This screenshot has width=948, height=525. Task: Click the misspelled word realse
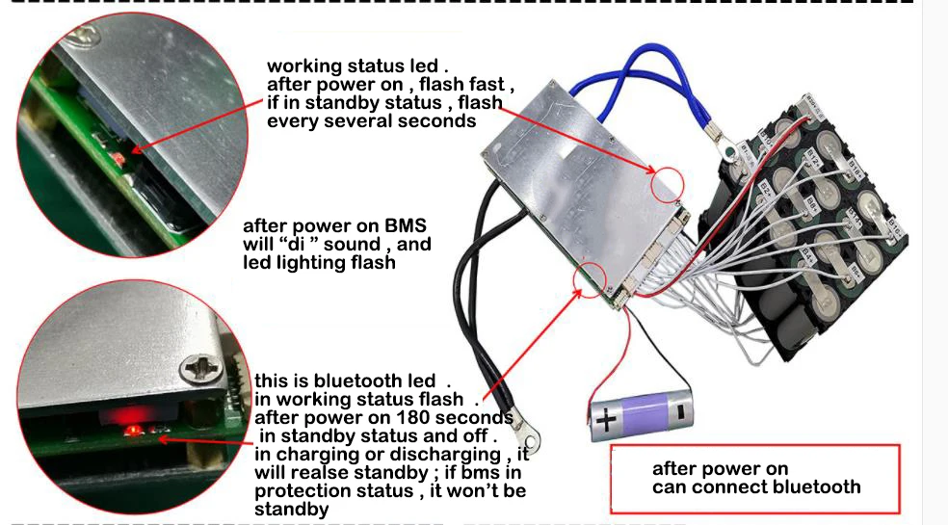click(x=300, y=473)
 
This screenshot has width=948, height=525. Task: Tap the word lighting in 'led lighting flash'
click(x=314, y=262)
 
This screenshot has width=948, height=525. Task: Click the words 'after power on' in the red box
click(x=720, y=469)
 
